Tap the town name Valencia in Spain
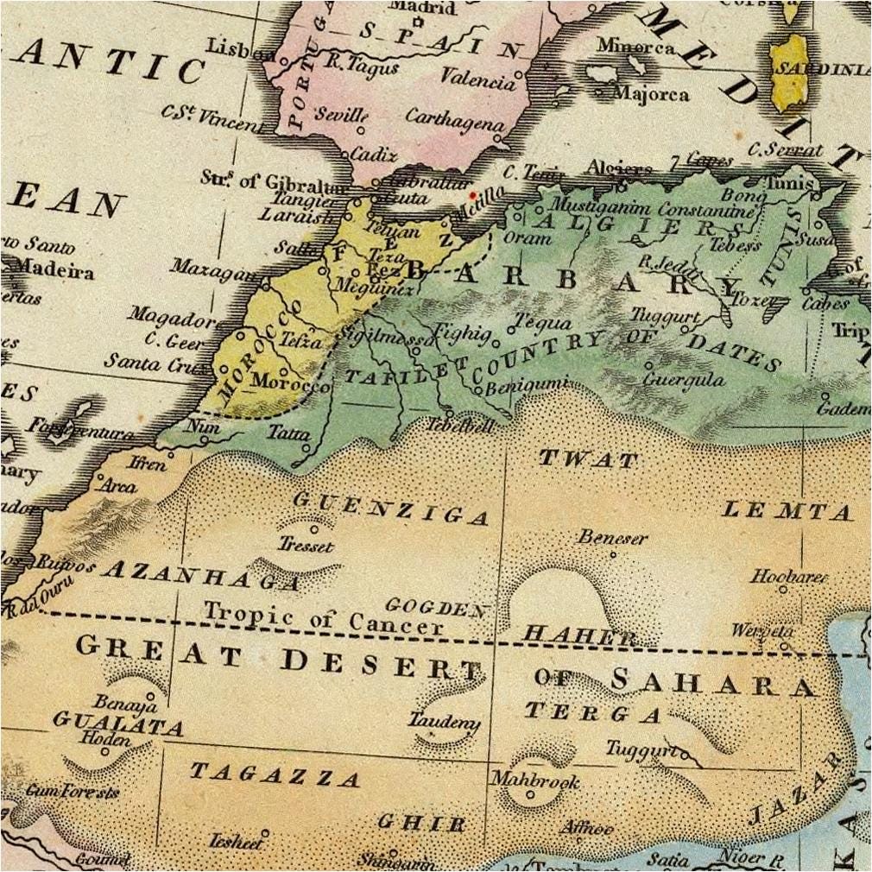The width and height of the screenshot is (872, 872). [x=477, y=78]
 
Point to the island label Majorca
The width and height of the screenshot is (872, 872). [x=654, y=92]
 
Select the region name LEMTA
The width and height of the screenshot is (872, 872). [x=787, y=511]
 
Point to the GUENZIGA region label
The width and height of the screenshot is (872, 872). [x=391, y=509]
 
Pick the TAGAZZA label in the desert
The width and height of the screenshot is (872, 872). [x=275, y=774]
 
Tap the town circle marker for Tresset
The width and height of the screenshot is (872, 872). [x=314, y=529]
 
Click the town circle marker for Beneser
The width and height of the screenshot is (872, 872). [x=613, y=554]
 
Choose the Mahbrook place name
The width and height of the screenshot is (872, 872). [x=534, y=780]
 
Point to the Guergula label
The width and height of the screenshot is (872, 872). [x=685, y=380]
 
